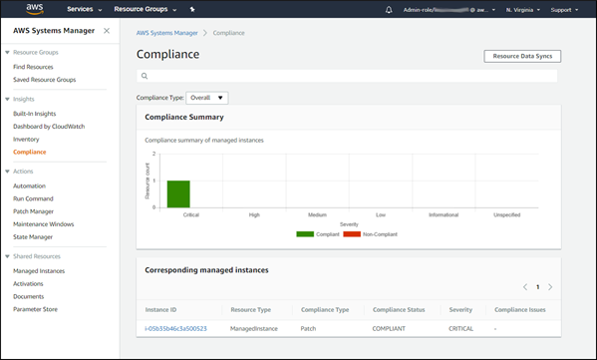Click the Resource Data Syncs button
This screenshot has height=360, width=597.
tap(521, 56)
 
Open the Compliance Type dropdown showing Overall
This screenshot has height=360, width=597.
tap(207, 98)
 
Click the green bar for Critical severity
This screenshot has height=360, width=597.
tap(178, 193)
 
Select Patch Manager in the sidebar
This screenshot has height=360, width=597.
tap(35, 211)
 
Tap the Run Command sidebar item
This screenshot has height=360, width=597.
tap(34, 198)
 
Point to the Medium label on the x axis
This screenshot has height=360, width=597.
tap(317, 214)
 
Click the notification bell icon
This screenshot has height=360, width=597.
tap(388, 9)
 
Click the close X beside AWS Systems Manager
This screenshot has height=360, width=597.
tap(107, 31)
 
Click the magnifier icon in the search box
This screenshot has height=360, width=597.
tap(145, 76)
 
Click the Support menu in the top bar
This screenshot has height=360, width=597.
tap(564, 9)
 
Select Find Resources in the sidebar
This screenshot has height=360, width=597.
tap(34, 66)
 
